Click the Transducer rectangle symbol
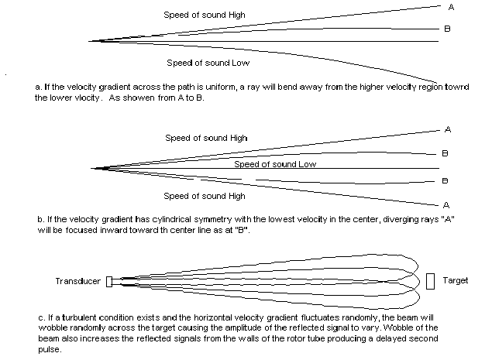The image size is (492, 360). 109,282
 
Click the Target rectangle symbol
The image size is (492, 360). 431,281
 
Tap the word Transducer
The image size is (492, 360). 78,281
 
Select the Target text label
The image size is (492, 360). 456,280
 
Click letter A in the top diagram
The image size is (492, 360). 451,7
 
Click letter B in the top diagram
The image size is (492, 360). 447,29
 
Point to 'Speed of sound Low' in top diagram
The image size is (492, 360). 208,63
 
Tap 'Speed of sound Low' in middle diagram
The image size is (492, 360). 275,164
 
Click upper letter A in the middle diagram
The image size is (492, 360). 448,129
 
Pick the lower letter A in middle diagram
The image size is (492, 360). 446,205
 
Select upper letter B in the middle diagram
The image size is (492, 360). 445,153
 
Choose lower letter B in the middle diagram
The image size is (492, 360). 445,180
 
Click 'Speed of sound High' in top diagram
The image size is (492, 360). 205,15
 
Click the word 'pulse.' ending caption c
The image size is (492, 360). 50,349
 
